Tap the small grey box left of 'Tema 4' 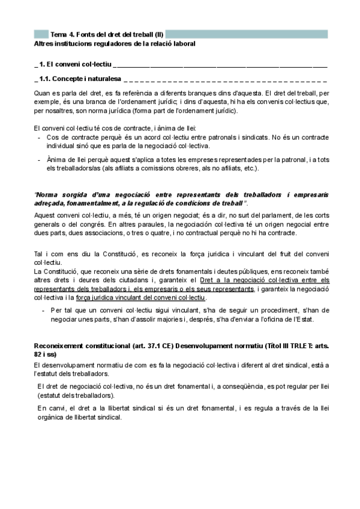[x=41, y=34]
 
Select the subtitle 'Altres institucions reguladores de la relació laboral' [x=115, y=44]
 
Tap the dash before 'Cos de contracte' [x=40, y=137]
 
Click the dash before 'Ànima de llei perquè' [x=40, y=159]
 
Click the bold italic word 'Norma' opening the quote [x=49, y=195]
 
